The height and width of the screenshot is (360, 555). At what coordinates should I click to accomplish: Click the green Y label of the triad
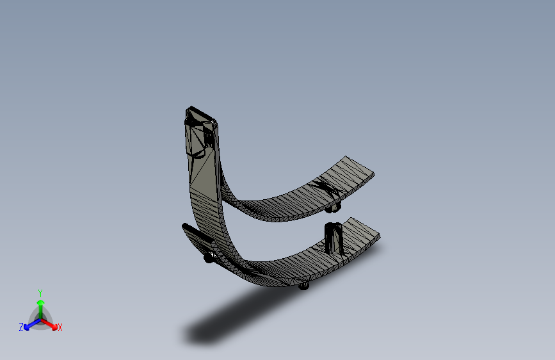[x=40, y=291]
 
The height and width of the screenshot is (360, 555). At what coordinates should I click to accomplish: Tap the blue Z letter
[x=21, y=327]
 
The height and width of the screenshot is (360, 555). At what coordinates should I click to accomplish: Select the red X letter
[x=60, y=328]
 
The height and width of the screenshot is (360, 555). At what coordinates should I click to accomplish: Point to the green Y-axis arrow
[x=40, y=304]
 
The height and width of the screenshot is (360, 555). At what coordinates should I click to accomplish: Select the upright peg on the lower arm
[x=334, y=238]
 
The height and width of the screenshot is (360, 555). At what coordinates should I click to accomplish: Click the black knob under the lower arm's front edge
[x=304, y=286]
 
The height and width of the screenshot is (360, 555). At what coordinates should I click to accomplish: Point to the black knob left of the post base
[x=209, y=258]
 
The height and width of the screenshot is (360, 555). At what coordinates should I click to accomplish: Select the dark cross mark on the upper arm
[x=326, y=189]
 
